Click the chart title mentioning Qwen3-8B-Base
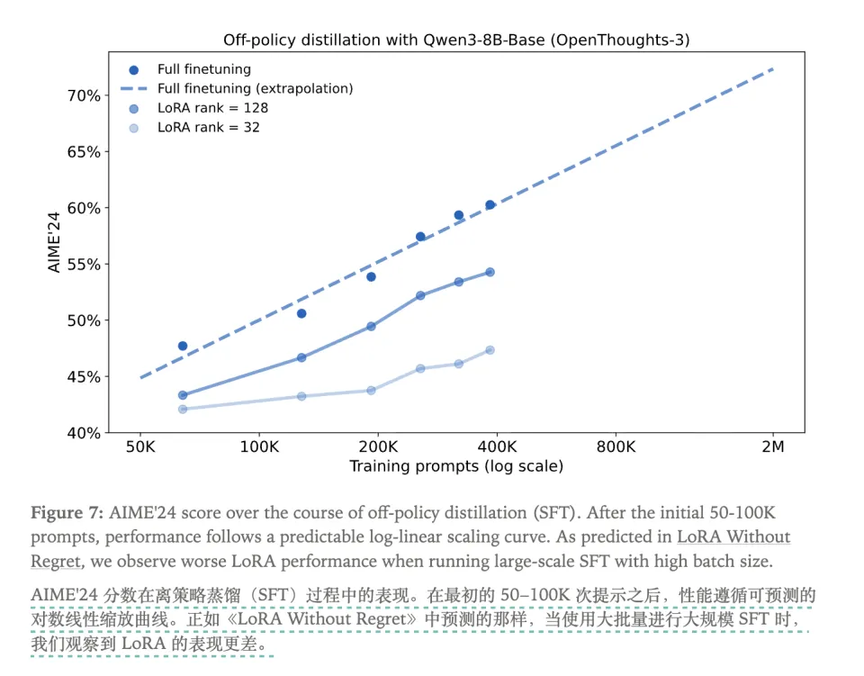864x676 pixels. click(x=463, y=41)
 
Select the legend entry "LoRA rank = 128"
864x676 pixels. click(x=212, y=108)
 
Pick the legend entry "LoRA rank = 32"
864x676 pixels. click(x=208, y=128)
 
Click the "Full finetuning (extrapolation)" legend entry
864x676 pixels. click(x=255, y=88)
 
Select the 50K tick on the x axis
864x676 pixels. click(x=139, y=446)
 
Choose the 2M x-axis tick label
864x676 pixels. click(x=773, y=446)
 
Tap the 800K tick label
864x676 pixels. click(x=616, y=446)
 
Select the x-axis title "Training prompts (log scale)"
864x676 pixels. click(x=456, y=466)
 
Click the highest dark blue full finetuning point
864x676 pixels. click(x=490, y=205)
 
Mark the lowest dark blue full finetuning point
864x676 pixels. click(x=183, y=346)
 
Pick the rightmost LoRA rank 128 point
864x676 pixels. click(x=490, y=272)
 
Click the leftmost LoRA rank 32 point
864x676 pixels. click(x=183, y=409)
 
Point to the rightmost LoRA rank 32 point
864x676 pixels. click(x=490, y=350)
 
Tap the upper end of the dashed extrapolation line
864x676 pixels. click(x=773, y=69)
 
